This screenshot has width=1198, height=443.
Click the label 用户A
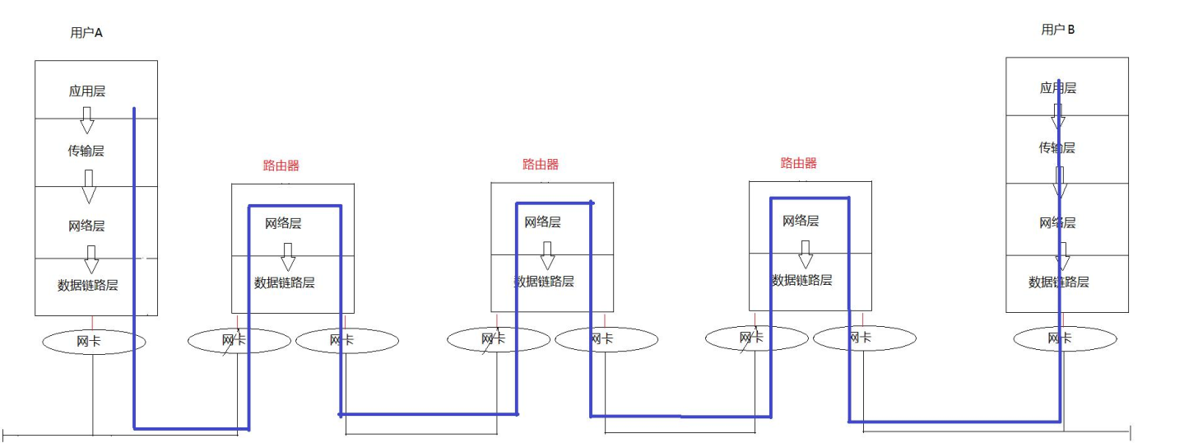pyautogui.click(x=86, y=34)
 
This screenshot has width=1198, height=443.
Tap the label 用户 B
pyautogui.click(x=1058, y=30)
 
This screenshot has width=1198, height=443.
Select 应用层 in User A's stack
pyautogui.click(x=87, y=91)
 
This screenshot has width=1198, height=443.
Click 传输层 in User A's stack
pyautogui.click(x=86, y=152)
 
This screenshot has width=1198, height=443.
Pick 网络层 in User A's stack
pyautogui.click(x=86, y=226)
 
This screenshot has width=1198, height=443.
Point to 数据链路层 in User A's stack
pyautogui.click(x=88, y=286)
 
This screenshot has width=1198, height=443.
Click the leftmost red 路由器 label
pyautogui.click(x=281, y=166)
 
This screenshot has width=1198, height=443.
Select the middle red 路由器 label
pyautogui.click(x=541, y=165)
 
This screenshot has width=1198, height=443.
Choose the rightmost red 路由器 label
pyautogui.click(x=799, y=164)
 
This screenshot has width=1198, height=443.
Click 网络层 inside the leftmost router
pyautogui.click(x=283, y=223)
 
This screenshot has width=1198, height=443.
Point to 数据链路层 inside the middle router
pyautogui.click(x=544, y=282)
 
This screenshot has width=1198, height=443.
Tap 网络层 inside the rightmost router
pyautogui.click(x=801, y=221)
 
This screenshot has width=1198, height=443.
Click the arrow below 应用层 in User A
pyautogui.click(x=86, y=123)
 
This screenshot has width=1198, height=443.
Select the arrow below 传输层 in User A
pyautogui.click(x=89, y=188)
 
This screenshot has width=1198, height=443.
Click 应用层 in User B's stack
pyautogui.click(x=1058, y=88)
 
